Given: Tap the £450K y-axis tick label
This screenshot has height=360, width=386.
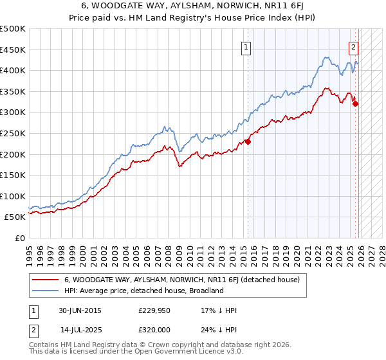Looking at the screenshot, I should (x=13, y=50).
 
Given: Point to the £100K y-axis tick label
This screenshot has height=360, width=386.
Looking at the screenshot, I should (x=13, y=196).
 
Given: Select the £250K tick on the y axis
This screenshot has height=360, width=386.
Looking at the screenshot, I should (x=13, y=133).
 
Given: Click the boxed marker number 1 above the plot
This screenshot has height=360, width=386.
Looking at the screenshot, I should (x=248, y=46).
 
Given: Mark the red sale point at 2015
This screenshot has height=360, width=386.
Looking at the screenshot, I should (x=248, y=143).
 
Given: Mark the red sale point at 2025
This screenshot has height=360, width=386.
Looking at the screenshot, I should (x=356, y=104).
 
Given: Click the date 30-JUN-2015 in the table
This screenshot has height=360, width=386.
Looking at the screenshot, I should (x=80, y=310).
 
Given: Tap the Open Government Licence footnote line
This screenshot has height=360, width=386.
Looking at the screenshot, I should (x=131, y=353).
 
